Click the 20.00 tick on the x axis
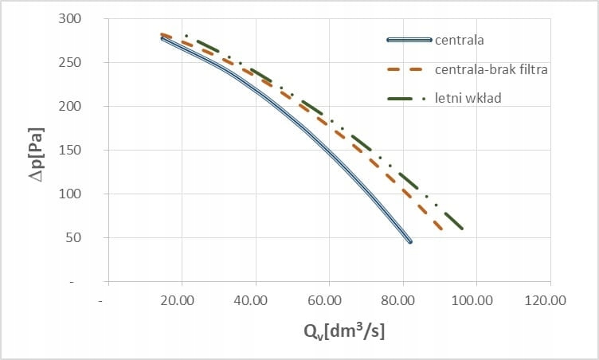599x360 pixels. coord(177,302)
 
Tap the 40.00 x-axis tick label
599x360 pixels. coord(251,302)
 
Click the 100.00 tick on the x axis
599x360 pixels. coord(470,302)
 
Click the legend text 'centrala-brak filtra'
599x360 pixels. coord(491,69)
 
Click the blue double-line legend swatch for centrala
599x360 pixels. coord(409,39)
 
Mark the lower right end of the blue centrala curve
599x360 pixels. coord(410,241)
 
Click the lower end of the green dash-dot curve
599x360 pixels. coord(462,229)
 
